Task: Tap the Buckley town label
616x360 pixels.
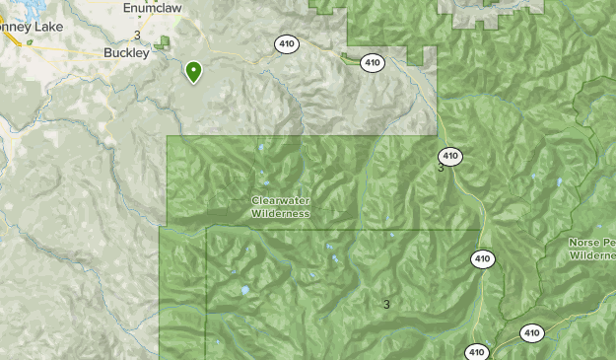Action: click(x=126, y=54)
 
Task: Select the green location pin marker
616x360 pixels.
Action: click(x=193, y=71)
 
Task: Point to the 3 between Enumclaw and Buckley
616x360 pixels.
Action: click(x=137, y=36)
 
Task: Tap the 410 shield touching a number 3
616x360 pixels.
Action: click(x=450, y=156)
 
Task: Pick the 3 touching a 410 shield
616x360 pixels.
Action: click(x=441, y=168)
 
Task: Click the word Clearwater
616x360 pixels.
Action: click(x=280, y=201)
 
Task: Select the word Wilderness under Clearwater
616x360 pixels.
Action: click(x=280, y=213)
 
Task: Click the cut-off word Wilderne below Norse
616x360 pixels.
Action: click(x=592, y=255)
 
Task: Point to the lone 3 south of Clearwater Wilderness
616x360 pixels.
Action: click(x=386, y=304)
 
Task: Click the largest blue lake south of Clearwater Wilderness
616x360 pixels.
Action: click(x=243, y=291)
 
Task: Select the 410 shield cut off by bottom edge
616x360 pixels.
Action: click(x=477, y=352)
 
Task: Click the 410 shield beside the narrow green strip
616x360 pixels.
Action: click(x=372, y=62)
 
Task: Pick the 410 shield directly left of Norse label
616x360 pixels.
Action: click(x=482, y=259)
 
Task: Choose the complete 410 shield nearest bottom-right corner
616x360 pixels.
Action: click(x=531, y=333)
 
